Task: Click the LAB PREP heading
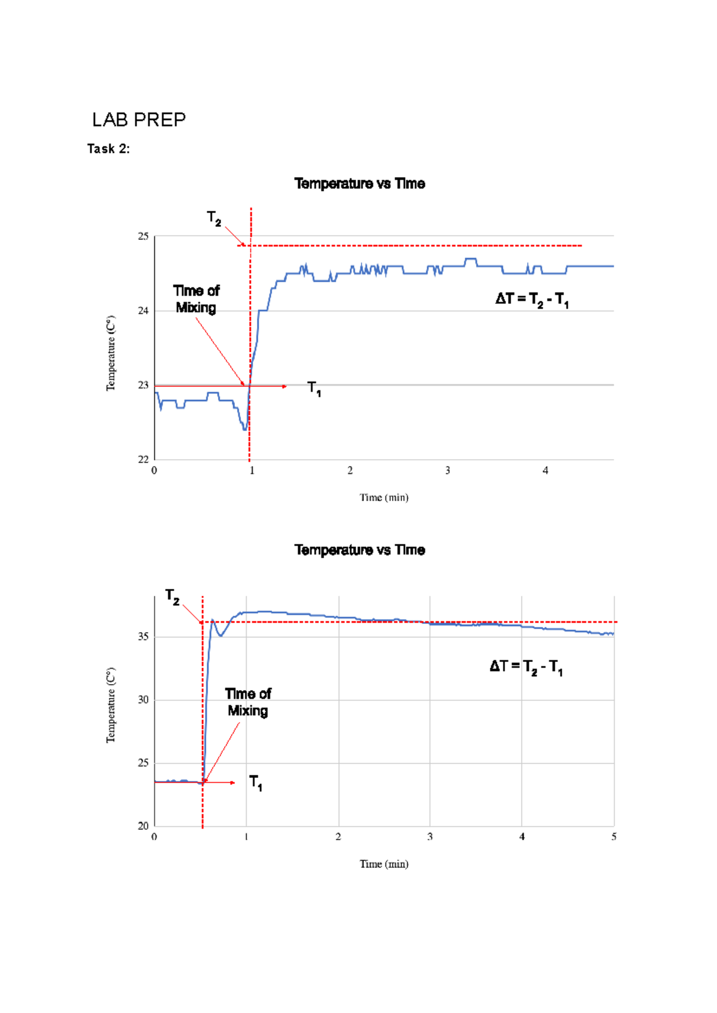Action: pyautogui.click(x=139, y=120)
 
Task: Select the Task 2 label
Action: pyautogui.click(x=108, y=149)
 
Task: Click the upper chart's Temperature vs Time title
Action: pyautogui.click(x=360, y=184)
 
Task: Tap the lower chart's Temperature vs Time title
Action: pyautogui.click(x=360, y=550)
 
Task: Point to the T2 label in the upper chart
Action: pyautogui.click(x=214, y=218)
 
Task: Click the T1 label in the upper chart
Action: pyautogui.click(x=314, y=389)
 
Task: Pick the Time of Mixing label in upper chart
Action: pyautogui.click(x=196, y=299)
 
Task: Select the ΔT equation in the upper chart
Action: pyautogui.click(x=532, y=300)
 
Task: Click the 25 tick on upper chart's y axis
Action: pyautogui.click(x=143, y=236)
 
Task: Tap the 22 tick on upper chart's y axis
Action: pyautogui.click(x=143, y=460)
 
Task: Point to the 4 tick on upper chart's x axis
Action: pyautogui.click(x=545, y=471)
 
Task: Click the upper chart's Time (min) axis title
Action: pyautogui.click(x=384, y=498)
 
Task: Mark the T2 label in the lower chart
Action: pyautogui.click(x=172, y=597)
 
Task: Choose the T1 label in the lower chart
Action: pyautogui.click(x=256, y=783)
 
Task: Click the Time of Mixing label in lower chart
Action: pyautogui.click(x=248, y=702)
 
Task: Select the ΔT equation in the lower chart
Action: pyautogui.click(x=526, y=667)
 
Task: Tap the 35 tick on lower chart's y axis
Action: pyautogui.click(x=143, y=637)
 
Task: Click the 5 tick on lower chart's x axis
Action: pyautogui.click(x=614, y=837)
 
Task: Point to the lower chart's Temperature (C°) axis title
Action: pyautogui.click(x=111, y=705)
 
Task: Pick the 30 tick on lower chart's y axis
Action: pyautogui.click(x=143, y=700)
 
